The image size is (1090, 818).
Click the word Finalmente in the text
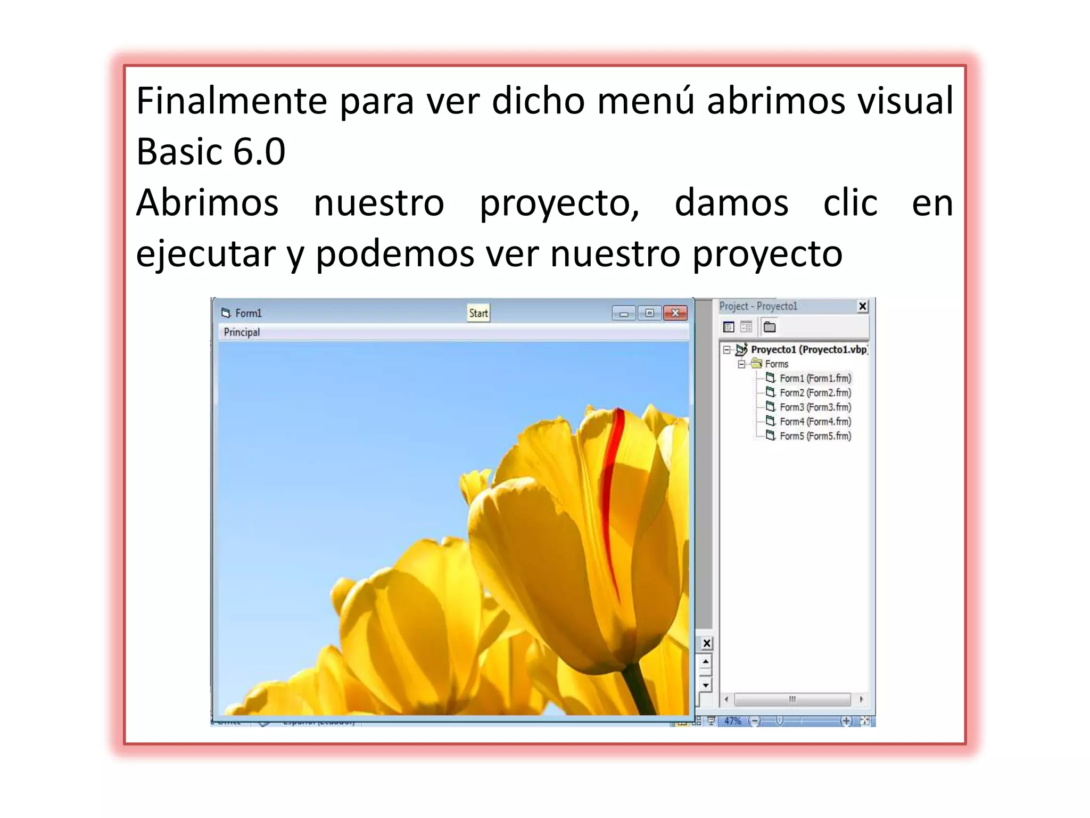click(232, 101)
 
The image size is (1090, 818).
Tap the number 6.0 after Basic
click(259, 152)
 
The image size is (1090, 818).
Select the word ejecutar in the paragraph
click(205, 253)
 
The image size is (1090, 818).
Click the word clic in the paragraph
click(850, 203)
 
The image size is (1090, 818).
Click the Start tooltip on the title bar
click(478, 313)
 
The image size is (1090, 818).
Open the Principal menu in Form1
click(242, 332)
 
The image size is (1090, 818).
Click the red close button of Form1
click(675, 313)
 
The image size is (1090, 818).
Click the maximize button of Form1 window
click(649, 313)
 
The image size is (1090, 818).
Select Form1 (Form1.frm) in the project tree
click(815, 378)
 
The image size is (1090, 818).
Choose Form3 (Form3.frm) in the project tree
click(815, 407)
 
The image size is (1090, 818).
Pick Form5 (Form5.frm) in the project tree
click(815, 436)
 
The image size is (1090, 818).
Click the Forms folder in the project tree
click(776, 364)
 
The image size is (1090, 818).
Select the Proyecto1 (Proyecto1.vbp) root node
click(809, 349)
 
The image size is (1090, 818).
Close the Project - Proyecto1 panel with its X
click(863, 306)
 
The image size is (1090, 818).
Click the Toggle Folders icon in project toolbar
click(770, 327)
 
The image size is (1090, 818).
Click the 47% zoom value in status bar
click(732, 721)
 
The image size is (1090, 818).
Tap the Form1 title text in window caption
click(248, 313)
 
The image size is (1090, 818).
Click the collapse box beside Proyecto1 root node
click(726, 350)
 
